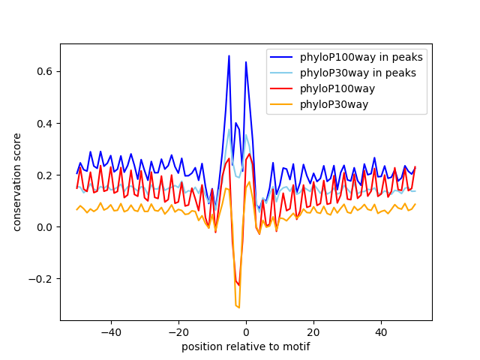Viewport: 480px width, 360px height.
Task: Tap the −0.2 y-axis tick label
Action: [41, 279]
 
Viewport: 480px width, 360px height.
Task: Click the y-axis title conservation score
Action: [17, 181]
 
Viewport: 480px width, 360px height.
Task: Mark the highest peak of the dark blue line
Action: [229, 55]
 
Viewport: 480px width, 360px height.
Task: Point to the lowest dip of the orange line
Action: [238, 307]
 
